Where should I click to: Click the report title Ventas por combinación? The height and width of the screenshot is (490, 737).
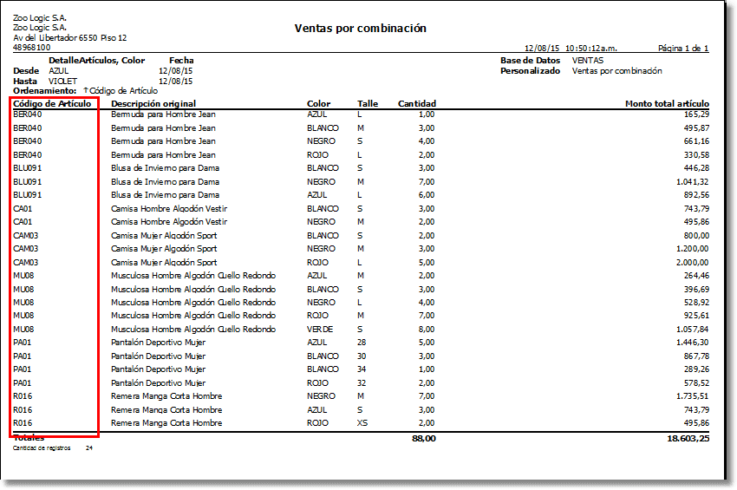[360, 29]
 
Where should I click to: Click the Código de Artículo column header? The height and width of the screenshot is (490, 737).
[52, 104]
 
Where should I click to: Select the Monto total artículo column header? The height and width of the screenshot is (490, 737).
[667, 104]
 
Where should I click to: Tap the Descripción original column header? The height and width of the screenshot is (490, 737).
[153, 104]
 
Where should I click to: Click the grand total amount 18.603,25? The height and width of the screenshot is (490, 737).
[688, 440]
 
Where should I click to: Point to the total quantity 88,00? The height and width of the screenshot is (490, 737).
[422, 440]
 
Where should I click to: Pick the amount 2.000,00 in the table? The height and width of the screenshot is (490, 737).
[691, 262]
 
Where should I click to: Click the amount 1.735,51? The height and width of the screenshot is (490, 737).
[691, 396]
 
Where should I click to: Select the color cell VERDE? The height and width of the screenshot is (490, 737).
[319, 330]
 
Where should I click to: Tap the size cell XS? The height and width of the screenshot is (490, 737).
[362, 423]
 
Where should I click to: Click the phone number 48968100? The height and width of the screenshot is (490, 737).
[32, 48]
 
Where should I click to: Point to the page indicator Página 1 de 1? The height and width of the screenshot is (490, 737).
[684, 49]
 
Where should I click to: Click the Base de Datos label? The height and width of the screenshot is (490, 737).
[530, 61]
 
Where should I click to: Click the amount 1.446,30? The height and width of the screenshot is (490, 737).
[691, 343]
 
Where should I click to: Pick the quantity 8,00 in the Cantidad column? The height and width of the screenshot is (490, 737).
[426, 330]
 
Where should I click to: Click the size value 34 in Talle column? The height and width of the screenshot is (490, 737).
[362, 369]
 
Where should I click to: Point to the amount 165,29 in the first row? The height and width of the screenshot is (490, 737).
[696, 114]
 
